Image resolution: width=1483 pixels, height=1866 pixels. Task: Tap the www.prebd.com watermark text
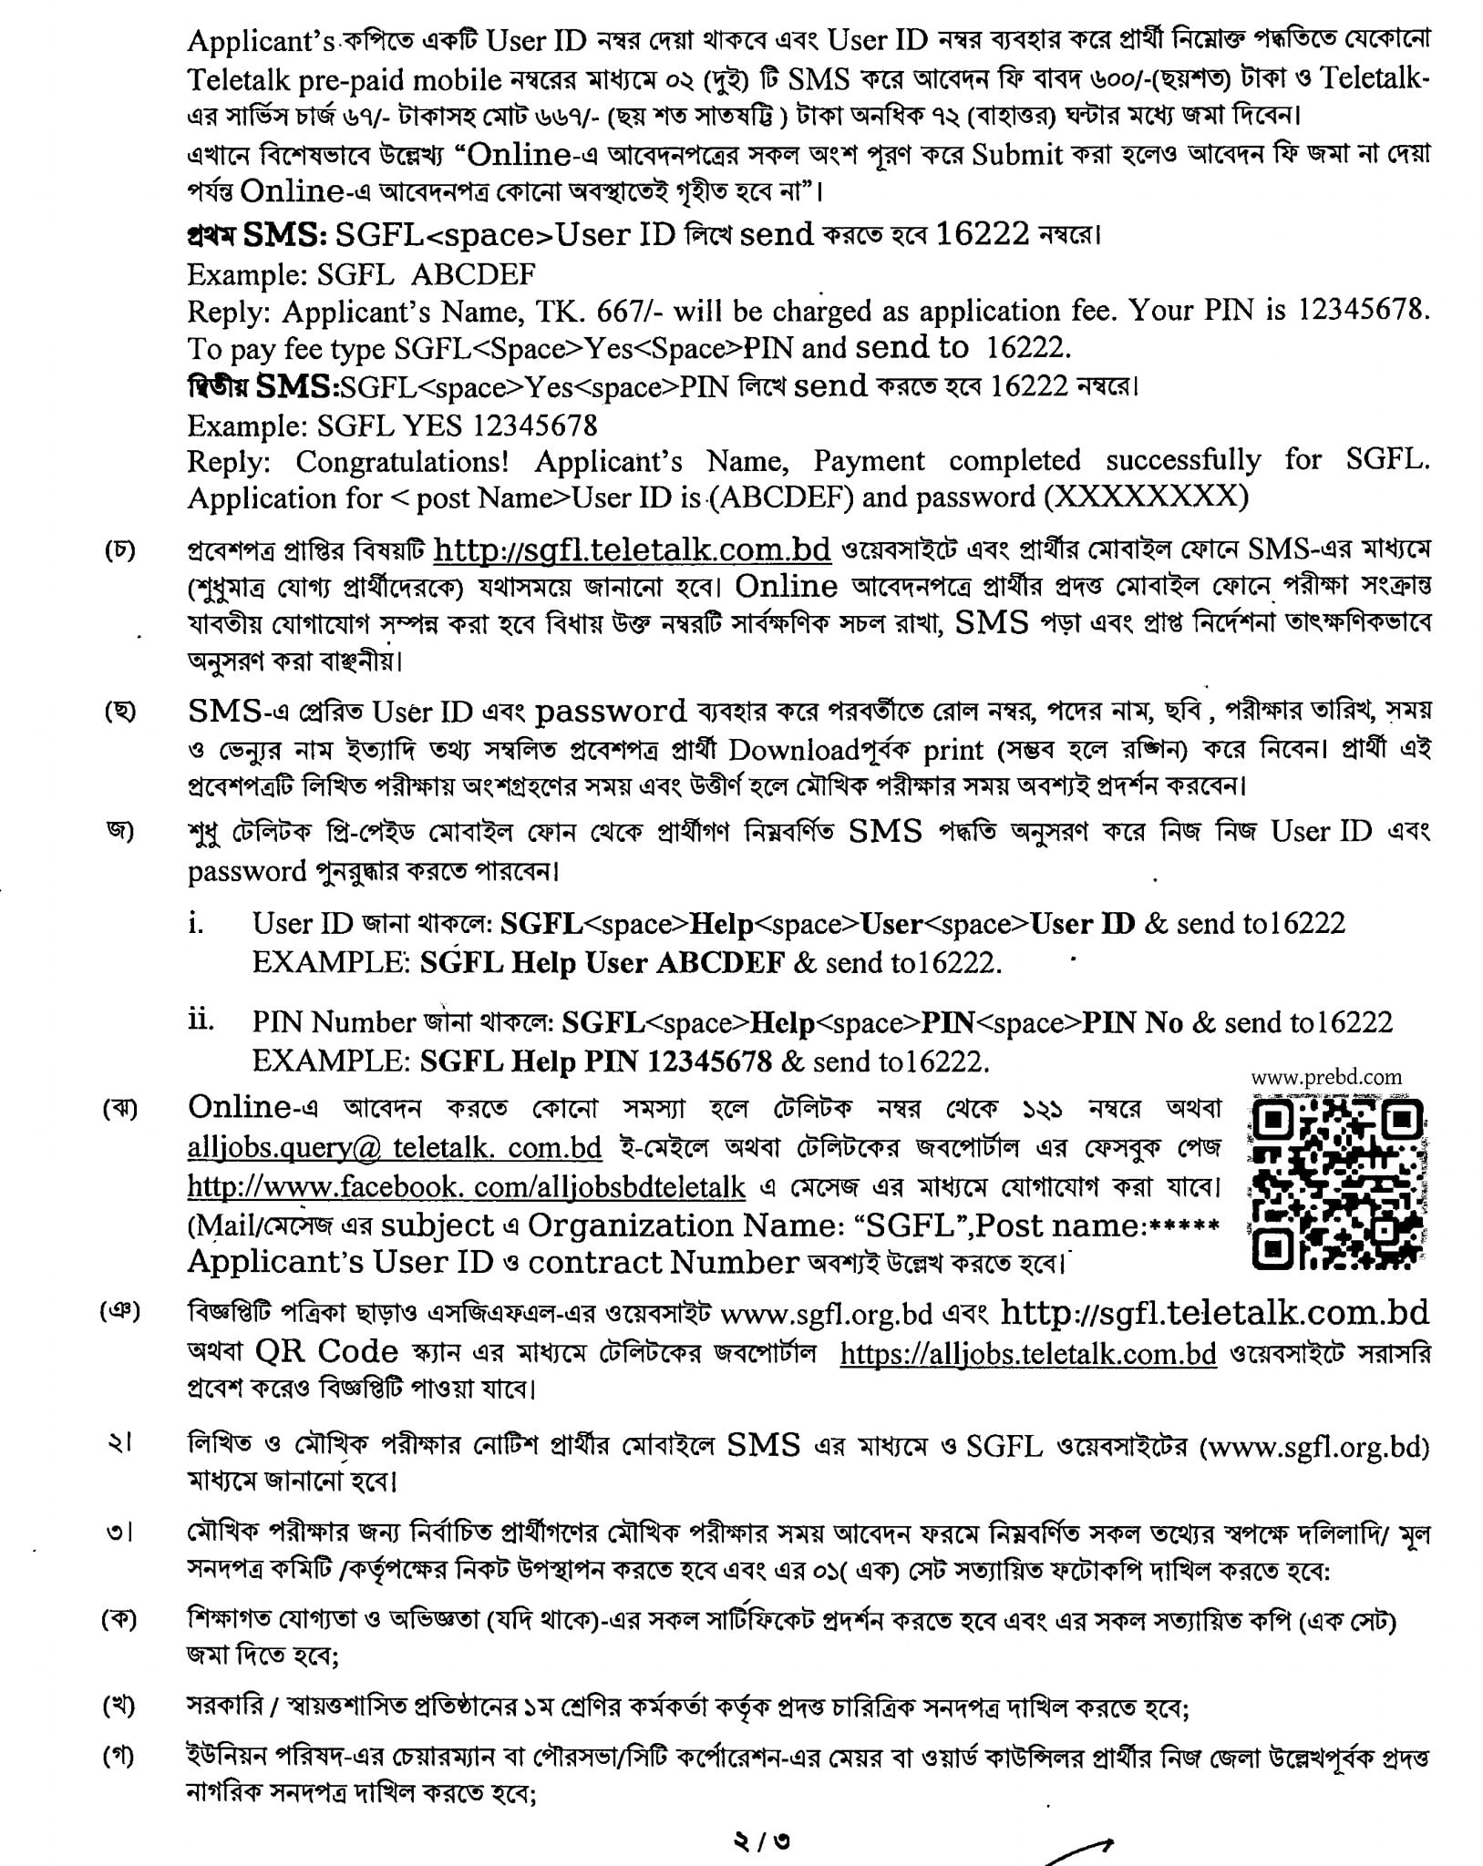pyautogui.click(x=1326, y=1077)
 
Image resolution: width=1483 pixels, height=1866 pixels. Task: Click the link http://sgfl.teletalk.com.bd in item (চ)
pyautogui.click(x=632, y=549)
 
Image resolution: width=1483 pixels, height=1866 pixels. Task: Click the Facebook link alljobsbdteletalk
pyautogui.click(x=466, y=1187)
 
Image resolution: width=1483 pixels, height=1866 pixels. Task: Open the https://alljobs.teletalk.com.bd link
pyautogui.click(x=1027, y=1354)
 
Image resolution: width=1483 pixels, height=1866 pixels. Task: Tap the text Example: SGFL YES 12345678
pyautogui.click(x=392, y=425)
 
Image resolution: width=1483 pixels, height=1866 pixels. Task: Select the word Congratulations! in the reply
pyautogui.click(x=402, y=462)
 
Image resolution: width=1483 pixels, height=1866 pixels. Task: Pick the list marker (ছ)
pyautogui.click(x=120, y=712)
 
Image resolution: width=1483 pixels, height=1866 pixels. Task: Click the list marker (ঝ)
pyautogui.click(x=120, y=1110)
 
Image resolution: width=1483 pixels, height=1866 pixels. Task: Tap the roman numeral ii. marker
pyautogui.click(x=201, y=1020)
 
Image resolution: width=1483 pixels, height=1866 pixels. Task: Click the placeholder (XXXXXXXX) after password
pyautogui.click(x=1146, y=497)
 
